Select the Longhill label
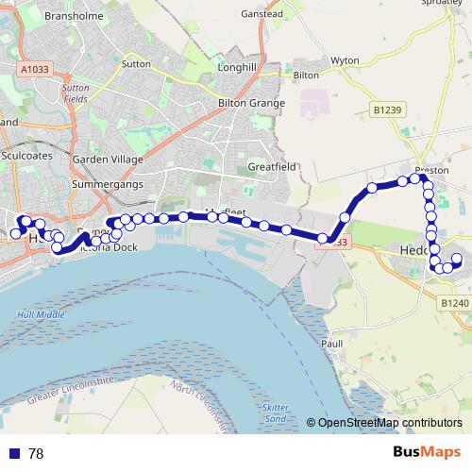click(236, 68)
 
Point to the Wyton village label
click(345, 60)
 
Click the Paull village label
click(331, 345)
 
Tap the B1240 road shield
click(454, 302)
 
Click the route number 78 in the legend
click(36, 454)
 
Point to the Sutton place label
click(136, 66)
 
